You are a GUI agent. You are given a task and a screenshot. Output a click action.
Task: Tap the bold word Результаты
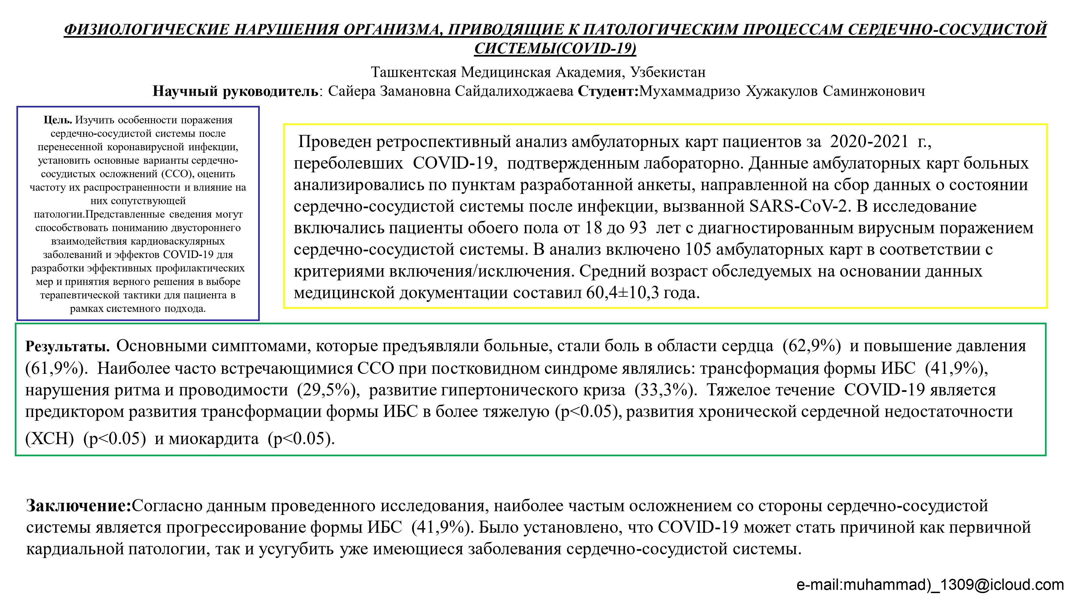coord(67,346)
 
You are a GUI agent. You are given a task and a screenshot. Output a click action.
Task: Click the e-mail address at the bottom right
coord(930,585)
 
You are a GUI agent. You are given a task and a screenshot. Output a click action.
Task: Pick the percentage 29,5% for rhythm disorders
coord(329,390)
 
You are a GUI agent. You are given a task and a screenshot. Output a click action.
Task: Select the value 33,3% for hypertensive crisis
coord(666,390)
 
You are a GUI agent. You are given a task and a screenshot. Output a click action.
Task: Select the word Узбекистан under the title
coord(668,72)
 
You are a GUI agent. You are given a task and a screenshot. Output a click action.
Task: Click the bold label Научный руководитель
coord(235,91)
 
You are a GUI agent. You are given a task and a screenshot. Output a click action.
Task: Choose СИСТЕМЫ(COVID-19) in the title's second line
coord(555,48)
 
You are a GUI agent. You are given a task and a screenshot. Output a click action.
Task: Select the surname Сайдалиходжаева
coord(514,91)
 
